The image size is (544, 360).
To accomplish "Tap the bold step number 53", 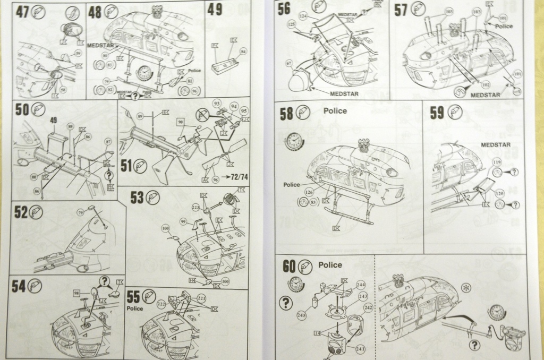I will (137, 198).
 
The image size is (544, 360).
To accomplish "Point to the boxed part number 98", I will (76, 293).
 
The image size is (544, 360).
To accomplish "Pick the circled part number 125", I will (291, 24).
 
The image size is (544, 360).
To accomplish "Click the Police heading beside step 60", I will (330, 264).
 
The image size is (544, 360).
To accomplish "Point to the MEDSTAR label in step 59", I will (495, 144).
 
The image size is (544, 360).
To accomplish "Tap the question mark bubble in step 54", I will (104, 282).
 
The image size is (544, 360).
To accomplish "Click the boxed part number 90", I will (181, 122).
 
